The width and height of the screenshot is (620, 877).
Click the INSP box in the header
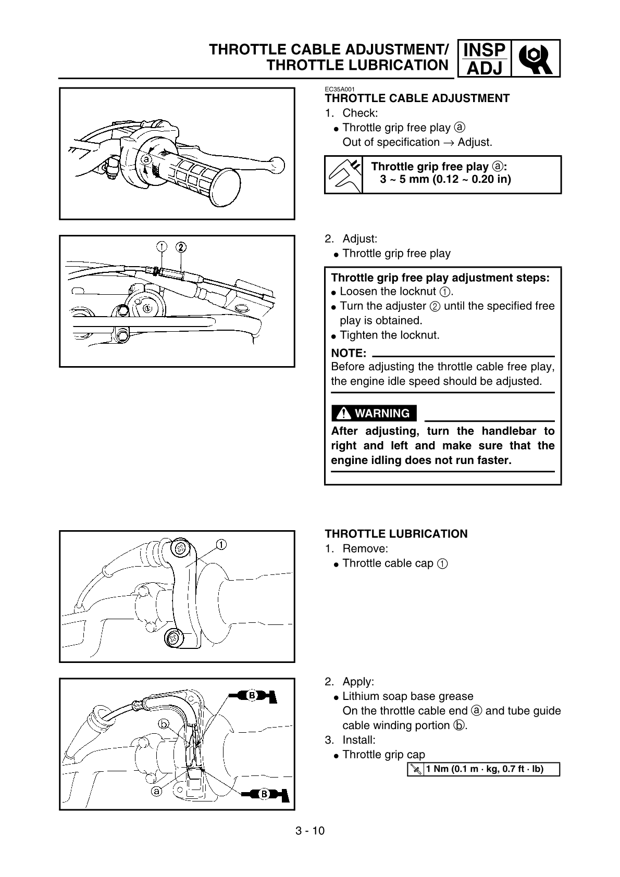click(x=484, y=50)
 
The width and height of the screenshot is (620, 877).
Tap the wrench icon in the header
click(x=536, y=58)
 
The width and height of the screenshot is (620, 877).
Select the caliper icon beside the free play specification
click(x=343, y=174)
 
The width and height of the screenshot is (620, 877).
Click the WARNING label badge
click(x=374, y=414)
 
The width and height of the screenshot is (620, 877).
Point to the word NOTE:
click(x=349, y=353)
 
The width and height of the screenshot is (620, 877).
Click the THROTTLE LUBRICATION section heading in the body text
click(x=396, y=534)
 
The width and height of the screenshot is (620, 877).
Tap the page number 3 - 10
click(x=309, y=831)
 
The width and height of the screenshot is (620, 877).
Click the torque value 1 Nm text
click(x=484, y=769)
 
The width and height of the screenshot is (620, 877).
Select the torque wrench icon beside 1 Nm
click(x=416, y=769)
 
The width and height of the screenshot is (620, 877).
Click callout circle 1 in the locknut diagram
click(x=162, y=246)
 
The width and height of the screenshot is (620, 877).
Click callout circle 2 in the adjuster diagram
click(x=181, y=246)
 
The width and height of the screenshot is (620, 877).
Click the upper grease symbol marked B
click(x=252, y=695)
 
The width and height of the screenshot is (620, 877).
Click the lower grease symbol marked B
click(x=265, y=794)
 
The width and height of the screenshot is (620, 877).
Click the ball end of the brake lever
click(x=277, y=166)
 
